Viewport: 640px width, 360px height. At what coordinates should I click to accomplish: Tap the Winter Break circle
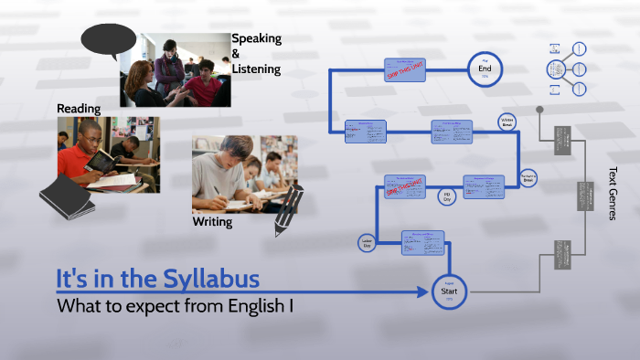[507, 122]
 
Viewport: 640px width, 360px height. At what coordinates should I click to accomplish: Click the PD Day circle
[447, 196]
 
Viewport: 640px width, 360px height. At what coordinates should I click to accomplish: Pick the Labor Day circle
[367, 243]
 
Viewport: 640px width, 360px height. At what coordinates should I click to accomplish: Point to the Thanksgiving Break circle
[528, 178]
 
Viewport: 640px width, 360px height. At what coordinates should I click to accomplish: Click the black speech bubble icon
[101, 40]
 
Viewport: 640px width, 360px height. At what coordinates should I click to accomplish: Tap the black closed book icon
[67, 196]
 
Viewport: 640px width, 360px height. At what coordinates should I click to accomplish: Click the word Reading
[79, 109]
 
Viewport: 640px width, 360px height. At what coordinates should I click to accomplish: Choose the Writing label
[212, 222]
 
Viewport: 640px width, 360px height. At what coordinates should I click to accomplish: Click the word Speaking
[256, 38]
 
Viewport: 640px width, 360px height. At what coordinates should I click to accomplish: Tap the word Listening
[256, 69]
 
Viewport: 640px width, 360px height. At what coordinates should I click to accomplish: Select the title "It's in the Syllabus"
[157, 277]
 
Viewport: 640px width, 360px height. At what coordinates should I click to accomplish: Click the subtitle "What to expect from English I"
[175, 305]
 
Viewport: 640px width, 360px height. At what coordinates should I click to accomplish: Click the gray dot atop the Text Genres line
[539, 110]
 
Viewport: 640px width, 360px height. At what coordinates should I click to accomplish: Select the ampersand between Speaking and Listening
[236, 54]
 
